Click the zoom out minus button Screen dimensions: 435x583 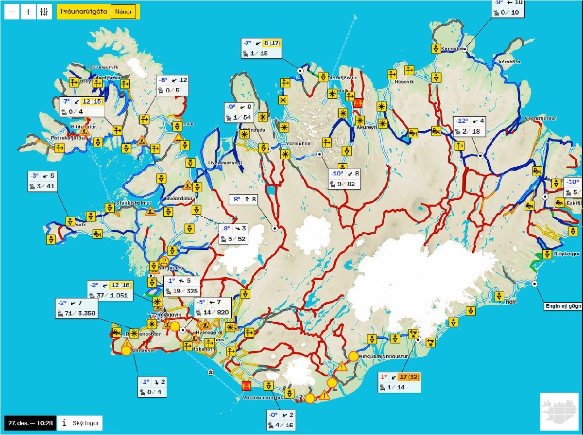click(x=12, y=12)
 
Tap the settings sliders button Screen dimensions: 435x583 click(x=44, y=12)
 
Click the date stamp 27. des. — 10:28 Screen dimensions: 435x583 click(x=30, y=423)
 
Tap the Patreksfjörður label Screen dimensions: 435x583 click(x=69, y=138)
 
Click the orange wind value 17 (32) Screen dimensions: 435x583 click(x=408, y=377)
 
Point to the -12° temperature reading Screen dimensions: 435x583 click(x=462, y=121)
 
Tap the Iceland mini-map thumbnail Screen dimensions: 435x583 click(x=559, y=411)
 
